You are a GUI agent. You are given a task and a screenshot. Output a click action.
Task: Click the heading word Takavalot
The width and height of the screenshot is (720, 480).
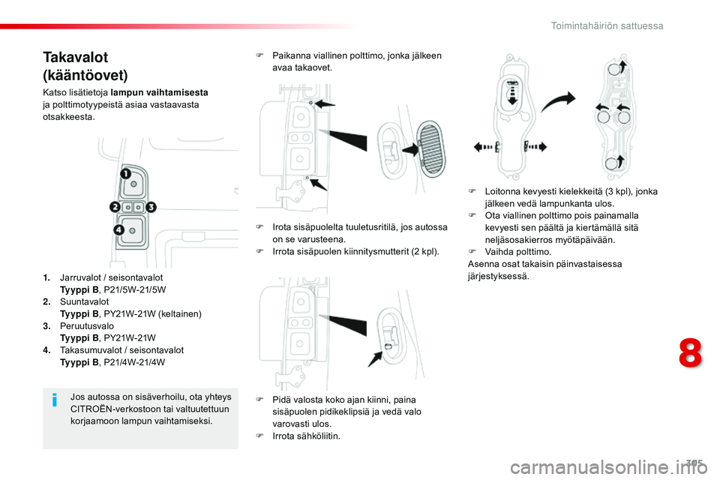tap(76, 58)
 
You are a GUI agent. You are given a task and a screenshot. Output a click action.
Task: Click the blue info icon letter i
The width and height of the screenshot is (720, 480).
tap(55, 401)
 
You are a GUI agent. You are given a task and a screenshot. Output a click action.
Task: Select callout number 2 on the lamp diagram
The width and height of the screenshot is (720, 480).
tap(115, 206)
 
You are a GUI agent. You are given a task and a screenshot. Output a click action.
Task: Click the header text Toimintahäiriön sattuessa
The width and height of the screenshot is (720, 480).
tap(607, 25)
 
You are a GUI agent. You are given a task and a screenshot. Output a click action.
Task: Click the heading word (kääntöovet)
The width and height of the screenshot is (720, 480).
tap(85, 75)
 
